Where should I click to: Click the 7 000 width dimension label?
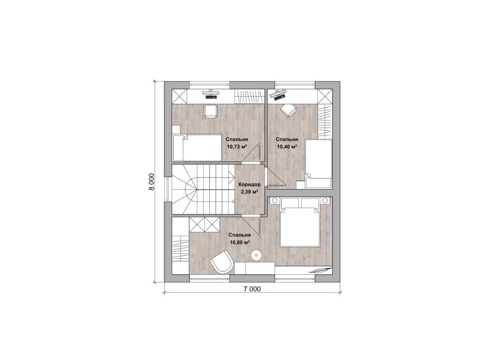[x=252, y=289]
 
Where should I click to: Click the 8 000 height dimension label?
[x=151, y=182]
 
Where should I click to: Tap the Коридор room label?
[x=249, y=185]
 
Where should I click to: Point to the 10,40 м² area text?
[x=286, y=146]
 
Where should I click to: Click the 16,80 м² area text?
[x=240, y=242]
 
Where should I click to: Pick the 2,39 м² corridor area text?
[x=249, y=192]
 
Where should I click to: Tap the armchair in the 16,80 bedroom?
[x=221, y=262]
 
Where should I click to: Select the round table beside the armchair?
[x=256, y=256]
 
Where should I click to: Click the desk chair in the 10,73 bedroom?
[x=210, y=112]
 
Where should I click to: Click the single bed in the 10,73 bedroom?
[x=196, y=148]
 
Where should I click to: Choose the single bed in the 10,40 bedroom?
[x=318, y=164]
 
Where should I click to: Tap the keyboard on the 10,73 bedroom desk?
[x=211, y=97]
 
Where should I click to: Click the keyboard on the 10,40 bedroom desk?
[x=279, y=97]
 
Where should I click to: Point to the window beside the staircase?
[x=168, y=190]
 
